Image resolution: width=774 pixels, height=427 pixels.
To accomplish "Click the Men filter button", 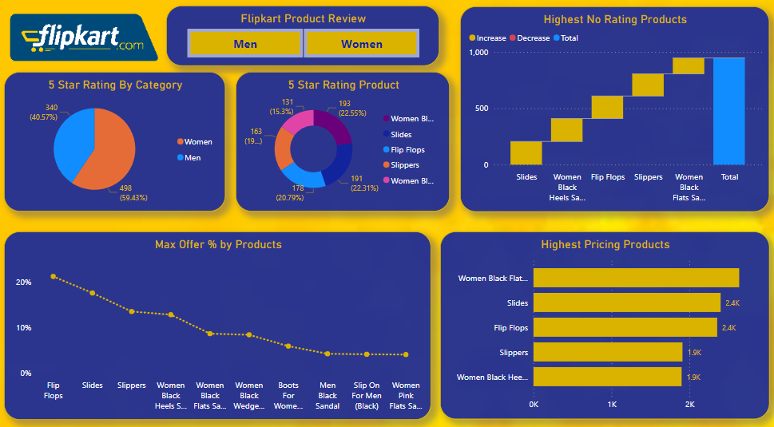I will click(245, 43).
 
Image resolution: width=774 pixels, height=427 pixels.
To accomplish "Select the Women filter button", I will click(361, 43).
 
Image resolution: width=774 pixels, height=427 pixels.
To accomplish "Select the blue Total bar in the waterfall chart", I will click(728, 111).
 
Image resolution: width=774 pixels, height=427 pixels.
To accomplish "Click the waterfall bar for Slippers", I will click(648, 85).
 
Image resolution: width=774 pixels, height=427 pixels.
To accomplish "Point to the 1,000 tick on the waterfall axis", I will click(478, 53).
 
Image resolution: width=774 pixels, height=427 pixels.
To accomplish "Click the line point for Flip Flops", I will click(54, 276).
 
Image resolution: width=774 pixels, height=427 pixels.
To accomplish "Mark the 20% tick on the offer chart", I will click(24, 283).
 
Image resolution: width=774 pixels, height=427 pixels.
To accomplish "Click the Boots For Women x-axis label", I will click(288, 395).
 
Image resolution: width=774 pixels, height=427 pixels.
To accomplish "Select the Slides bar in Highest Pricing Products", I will click(626, 302).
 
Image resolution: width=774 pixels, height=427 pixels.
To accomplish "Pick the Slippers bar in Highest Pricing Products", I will click(607, 352).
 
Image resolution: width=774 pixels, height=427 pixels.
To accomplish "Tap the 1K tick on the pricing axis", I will click(612, 404).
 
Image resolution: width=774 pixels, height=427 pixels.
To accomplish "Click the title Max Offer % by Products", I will click(218, 244).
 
